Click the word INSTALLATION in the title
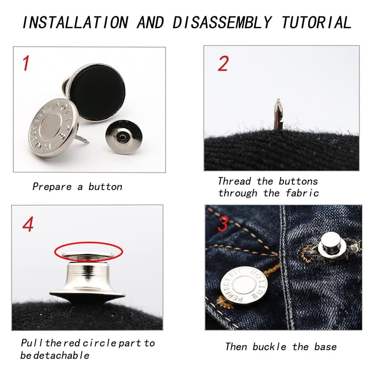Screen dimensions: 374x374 click(75, 22)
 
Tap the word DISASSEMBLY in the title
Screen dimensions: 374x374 click(222, 22)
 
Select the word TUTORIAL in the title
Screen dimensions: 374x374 click(316, 22)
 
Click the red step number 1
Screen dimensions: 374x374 click(26, 63)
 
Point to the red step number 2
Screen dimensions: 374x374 click(223, 64)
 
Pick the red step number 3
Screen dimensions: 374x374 click(223, 224)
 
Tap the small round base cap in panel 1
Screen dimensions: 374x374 click(124, 137)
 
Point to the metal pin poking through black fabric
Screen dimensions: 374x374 click(278, 114)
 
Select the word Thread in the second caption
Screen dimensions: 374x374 click(234, 181)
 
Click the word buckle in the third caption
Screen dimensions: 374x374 click(269, 347)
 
